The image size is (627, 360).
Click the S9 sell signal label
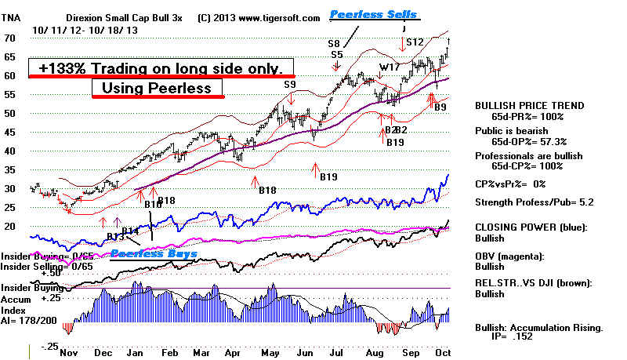pyautogui.click(x=290, y=84)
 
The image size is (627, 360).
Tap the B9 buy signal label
pyautogui.click(x=441, y=107)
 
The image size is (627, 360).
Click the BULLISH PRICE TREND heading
pyautogui.click(x=525, y=104)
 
